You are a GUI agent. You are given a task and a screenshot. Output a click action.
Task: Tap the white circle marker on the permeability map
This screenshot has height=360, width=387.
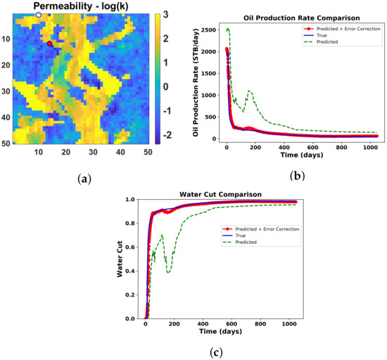click(x=39, y=14)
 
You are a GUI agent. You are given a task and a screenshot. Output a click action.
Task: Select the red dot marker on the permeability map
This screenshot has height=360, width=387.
click(x=49, y=44)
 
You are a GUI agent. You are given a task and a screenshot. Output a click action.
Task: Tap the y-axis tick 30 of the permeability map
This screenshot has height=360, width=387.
click(x=6, y=91)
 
